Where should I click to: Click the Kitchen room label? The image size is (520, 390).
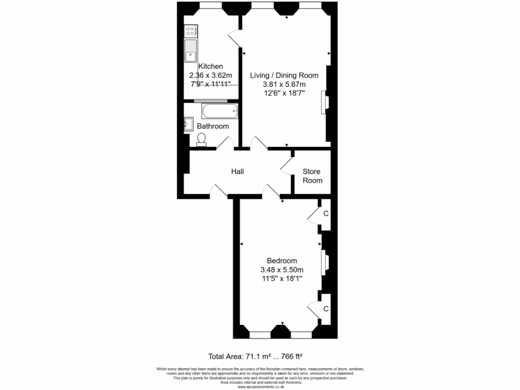210,66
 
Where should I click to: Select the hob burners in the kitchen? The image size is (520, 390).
191,32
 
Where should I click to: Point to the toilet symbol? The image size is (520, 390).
202,139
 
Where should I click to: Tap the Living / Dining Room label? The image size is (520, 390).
284,75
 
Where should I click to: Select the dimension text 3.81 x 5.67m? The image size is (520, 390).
284,84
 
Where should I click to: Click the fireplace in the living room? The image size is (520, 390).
324,103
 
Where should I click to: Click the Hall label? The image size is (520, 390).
237,172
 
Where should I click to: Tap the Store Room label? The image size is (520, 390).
312,176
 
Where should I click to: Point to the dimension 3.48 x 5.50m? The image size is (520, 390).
282,270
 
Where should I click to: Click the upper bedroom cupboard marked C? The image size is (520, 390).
326,213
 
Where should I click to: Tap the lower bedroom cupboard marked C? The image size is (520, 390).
326,308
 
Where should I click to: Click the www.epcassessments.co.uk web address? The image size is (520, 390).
259,386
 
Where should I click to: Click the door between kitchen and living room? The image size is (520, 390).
235,39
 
